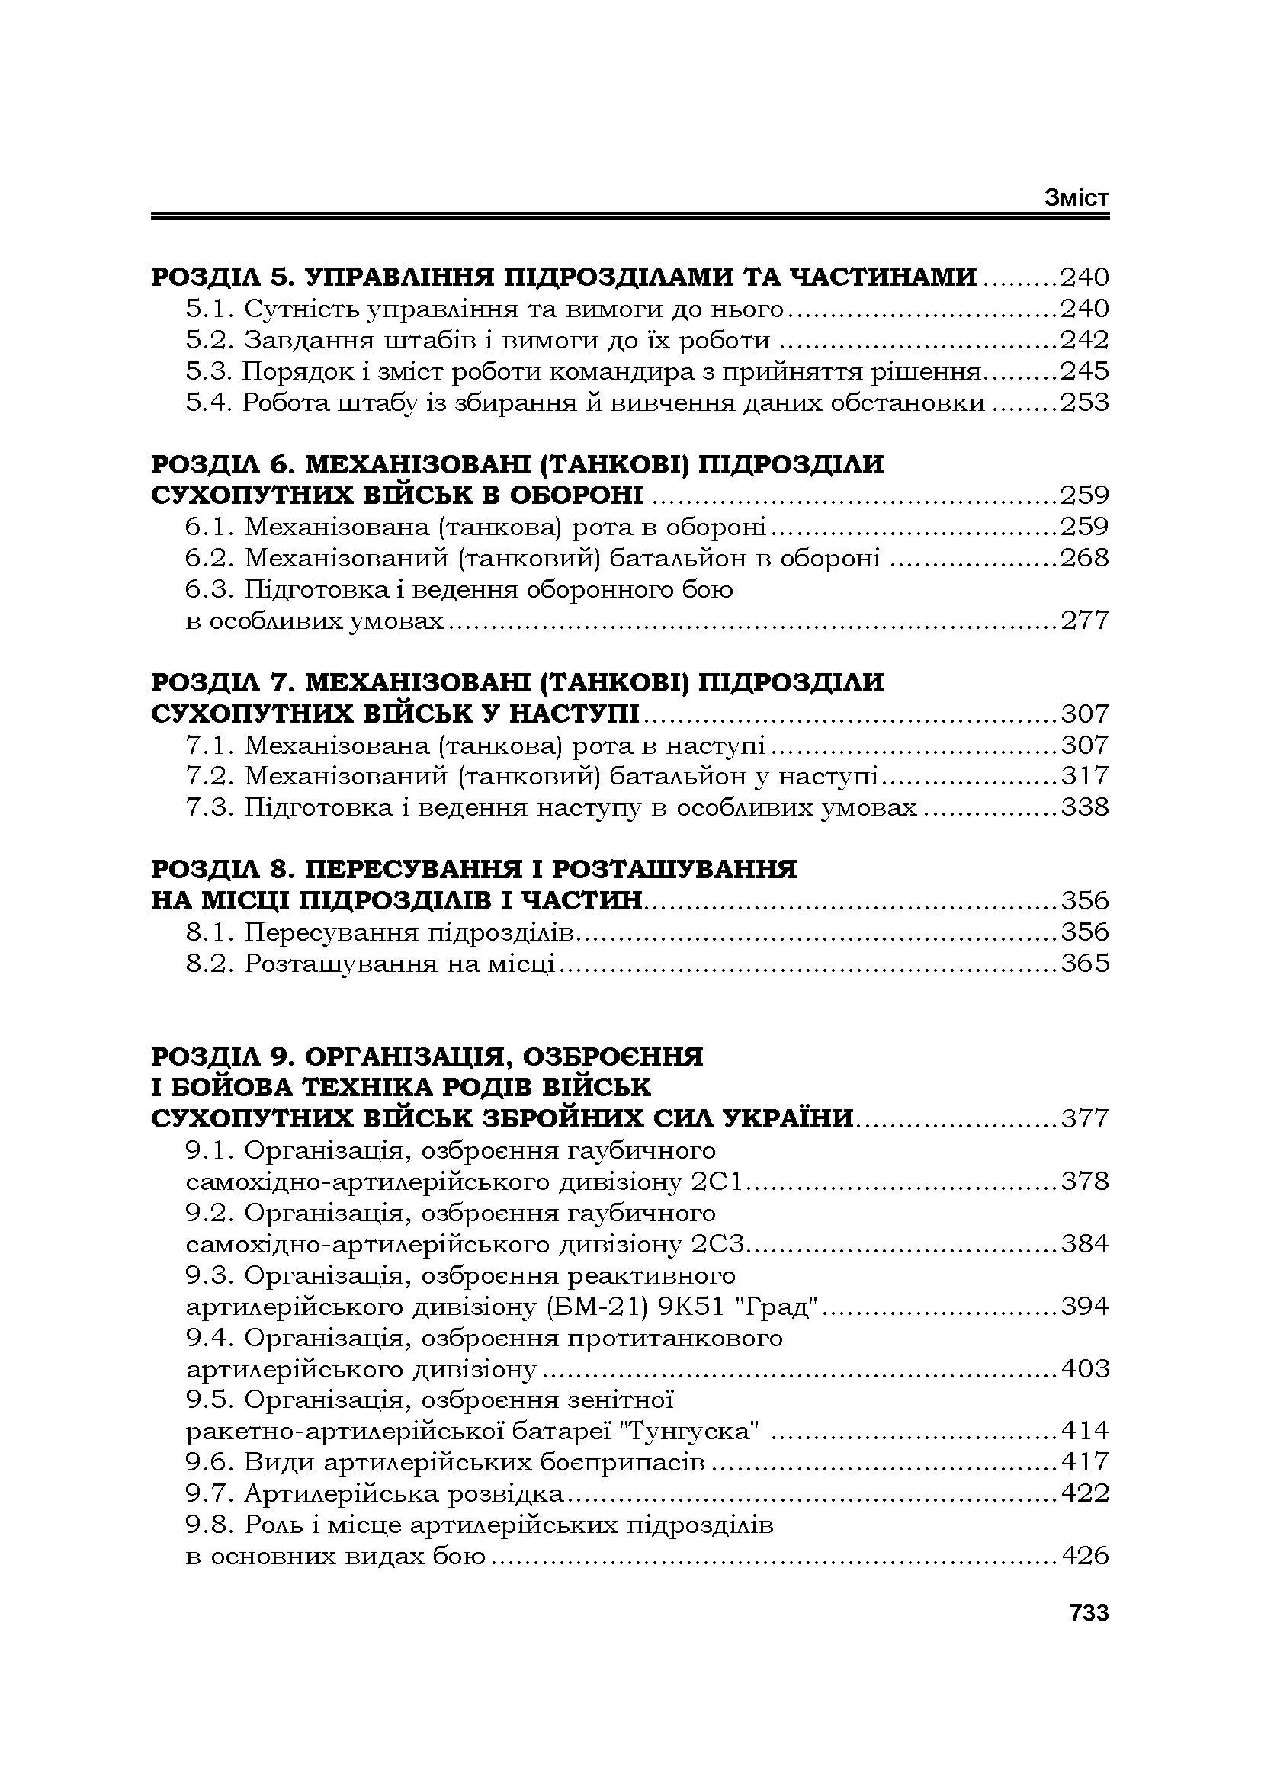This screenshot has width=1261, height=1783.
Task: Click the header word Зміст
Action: tap(1077, 198)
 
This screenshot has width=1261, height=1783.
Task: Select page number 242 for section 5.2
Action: tap(1085, 340)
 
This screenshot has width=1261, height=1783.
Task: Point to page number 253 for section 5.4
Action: tap(1085, 402)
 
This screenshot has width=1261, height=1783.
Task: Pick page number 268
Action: tap(1085, 557)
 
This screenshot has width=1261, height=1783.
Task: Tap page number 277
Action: tap(1085, 621)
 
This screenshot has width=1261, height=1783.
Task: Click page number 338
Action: tap(1085, 807)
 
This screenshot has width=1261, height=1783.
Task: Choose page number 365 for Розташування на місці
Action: tap(1085, 963)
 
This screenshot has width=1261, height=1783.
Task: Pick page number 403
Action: tap(1085, 1368)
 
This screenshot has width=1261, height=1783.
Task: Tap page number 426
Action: tap(1085, 1556)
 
